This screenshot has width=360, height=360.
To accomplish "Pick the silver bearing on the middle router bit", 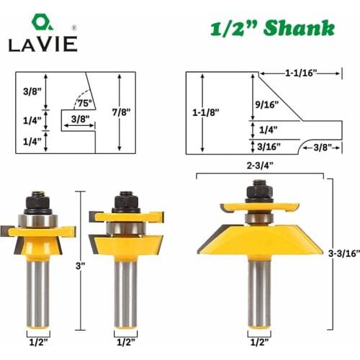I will click(127, 228).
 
